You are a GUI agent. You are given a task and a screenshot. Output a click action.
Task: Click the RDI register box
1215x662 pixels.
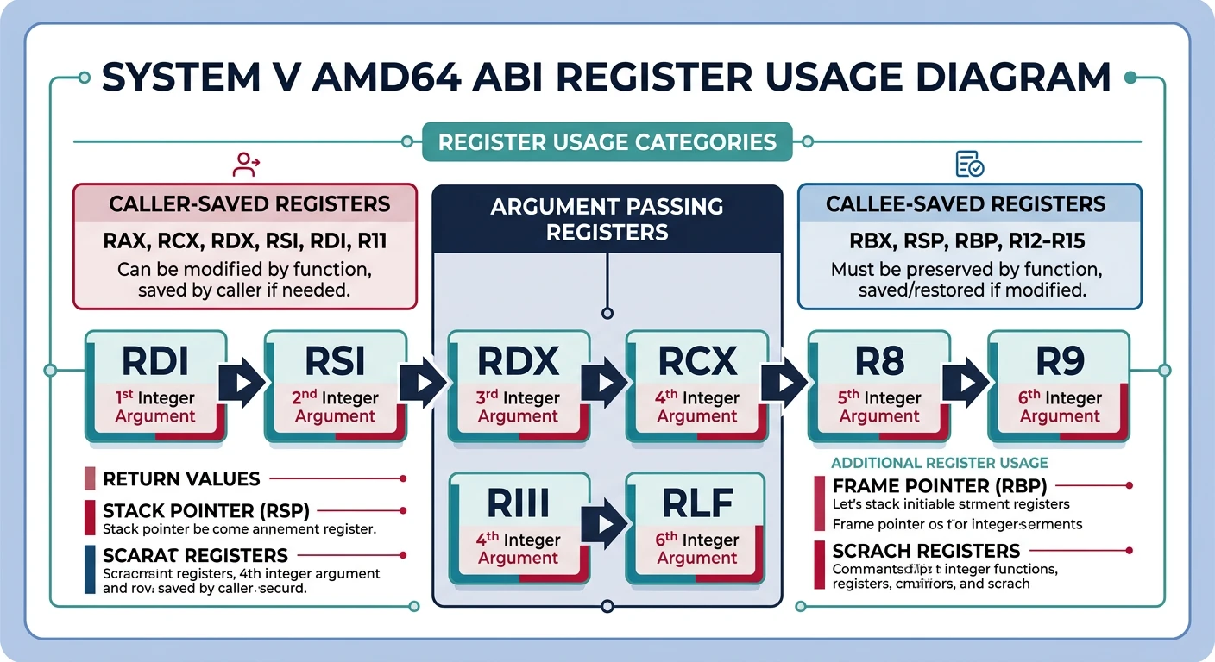pyautogui.click(x=155, y=386)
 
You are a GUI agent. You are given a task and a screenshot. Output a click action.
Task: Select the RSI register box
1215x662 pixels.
pyautogui.click(x=336, y=386)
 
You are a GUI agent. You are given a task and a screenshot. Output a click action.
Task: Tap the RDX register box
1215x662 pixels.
pyautogui.click(x=518, y=386)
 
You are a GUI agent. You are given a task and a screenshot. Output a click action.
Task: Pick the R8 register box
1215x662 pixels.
pyautogui.click(x=879, y=386)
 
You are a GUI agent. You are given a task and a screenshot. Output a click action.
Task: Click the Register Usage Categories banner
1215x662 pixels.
pyautogui.click(x=607, y=141)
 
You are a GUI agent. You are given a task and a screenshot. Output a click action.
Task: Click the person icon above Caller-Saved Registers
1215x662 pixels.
pyautogui.click(x=246, y=163)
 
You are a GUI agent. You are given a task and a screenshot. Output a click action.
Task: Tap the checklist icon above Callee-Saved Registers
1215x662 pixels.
pyautogui.click(x=969, y=163)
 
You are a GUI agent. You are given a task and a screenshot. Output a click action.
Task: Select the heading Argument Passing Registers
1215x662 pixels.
pyautogui.click(x=607, y=219)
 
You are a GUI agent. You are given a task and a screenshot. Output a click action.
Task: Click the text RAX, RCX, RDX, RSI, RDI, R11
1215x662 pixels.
pyautogui.click(x=244, y=241)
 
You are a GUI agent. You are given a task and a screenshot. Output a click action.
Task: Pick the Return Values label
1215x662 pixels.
pyautogui.click(x=181, y=478)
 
